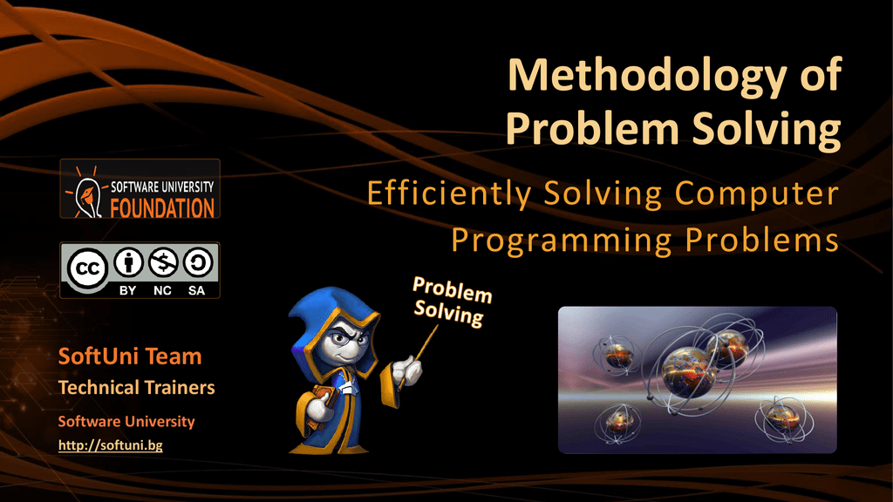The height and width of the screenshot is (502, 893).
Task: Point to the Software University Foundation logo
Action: (x=140, y=189)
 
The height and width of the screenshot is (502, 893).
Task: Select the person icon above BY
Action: (x=128, y=263)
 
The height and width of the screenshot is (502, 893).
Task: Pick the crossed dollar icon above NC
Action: (x=162, y=263)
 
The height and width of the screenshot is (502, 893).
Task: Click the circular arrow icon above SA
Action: (x=196, y=263)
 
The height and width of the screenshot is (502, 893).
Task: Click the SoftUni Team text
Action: (x=130, y=356)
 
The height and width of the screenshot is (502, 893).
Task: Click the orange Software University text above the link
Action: (x=126, y=422)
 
